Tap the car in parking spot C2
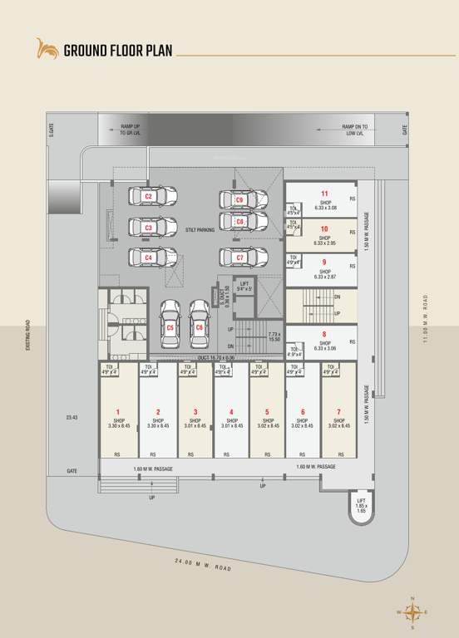[x=151, y=197]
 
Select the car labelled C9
[x=243, y=200]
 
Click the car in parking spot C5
[x=170, y=322]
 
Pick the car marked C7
[x=243, y=258]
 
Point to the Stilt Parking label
[x=200, y=228]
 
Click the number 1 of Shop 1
[x=118, y=412]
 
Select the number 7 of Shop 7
[x=338, y=412]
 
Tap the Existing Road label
[x=27, y=335]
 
